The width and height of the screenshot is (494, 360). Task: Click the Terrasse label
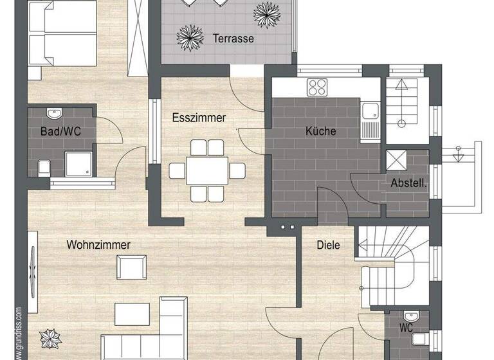[x=233, y=39]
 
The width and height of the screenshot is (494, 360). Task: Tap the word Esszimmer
[x=199, y=118]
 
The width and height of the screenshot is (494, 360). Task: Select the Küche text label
[x=320, y=131]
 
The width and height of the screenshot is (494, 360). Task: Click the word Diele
[x=328, y=245]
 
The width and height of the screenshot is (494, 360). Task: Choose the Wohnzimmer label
[x=98, y=245]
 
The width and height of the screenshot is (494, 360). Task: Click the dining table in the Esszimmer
[x=207, y=170]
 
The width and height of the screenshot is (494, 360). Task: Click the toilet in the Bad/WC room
[x=43, y=167]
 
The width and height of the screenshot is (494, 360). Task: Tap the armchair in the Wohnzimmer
[x=131, y=265]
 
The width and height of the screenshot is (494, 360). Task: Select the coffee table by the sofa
[x=133, y=314]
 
